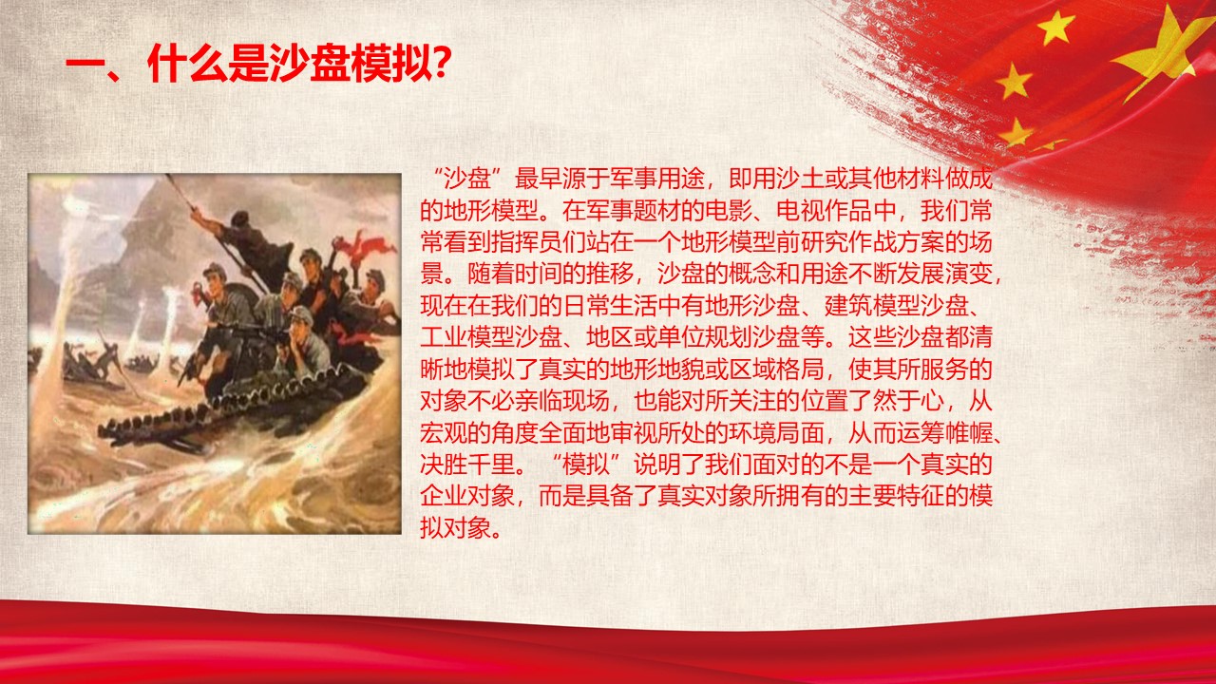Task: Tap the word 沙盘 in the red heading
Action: click(x=309, y=64)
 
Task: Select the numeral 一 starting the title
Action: click(x=85, y=66)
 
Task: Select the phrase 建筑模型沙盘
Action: click(x=896, y=306)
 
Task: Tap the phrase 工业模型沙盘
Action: click(x=491, y=337)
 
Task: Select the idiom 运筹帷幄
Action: click(x=944, y=432)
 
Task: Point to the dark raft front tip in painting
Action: click(x=107, y=431)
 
